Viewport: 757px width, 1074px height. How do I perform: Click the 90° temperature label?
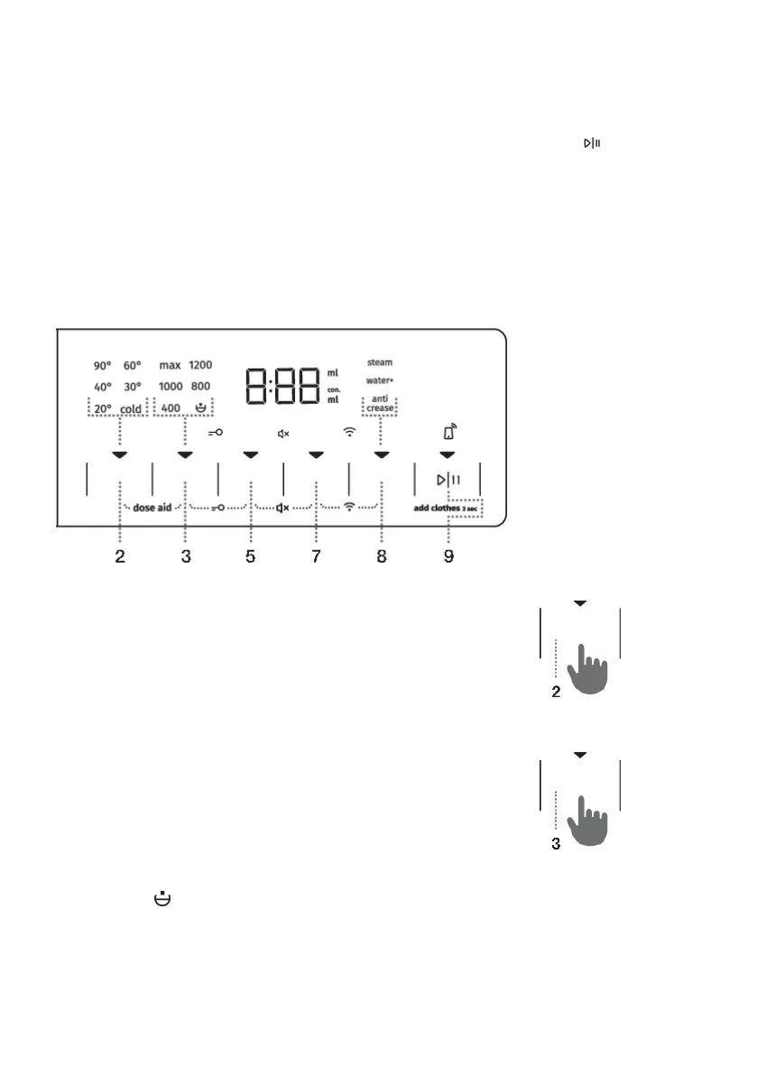[x=101, y=366]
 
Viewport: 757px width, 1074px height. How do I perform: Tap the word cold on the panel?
[x=132, y=408]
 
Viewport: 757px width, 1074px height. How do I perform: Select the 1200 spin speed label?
[x=200, y=366]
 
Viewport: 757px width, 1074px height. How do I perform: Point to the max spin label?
[x=170, y=366]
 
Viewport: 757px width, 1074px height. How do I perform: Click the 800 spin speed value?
[x=201, y=387]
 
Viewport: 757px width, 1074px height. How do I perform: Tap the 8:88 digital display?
[x=282, y=386]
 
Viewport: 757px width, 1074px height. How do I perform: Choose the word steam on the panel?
[x=380, y=363]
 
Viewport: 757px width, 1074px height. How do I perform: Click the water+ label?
[x=380, y=381]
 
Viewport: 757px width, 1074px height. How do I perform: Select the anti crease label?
[x=380, y=404]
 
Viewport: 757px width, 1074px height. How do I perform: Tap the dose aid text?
[x=152, y=509]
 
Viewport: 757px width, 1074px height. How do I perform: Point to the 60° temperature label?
[x=132, y=366]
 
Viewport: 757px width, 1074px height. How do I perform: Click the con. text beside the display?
[x=334, y=390]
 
